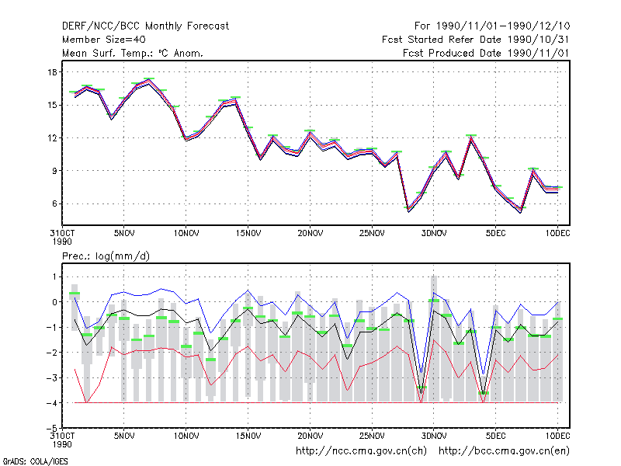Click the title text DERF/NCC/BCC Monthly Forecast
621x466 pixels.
coord(145,26)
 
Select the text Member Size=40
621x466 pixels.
coord(104,40)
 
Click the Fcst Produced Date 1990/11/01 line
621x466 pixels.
coord(486,53)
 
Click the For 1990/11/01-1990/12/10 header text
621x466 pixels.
coord(492,26)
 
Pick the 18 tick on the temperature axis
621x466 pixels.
coord(52,72)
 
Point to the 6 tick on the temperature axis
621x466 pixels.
coord(54,203)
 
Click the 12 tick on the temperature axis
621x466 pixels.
coord(52,138)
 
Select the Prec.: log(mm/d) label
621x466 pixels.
coord(106,256)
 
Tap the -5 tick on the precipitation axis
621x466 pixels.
coord(52,429)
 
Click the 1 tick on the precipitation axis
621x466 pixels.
coord(54,276)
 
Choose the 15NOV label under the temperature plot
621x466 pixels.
coord(248,234)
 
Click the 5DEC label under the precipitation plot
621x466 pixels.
coord(496,436)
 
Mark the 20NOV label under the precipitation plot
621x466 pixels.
coord(310,436)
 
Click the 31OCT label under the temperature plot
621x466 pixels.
coord(62,237)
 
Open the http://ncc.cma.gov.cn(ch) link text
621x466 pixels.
coord(361,451)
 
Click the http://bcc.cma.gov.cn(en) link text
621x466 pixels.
coord(504,451)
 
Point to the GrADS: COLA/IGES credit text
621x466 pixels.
coord(36,461)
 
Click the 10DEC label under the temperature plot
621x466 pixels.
coord(557,234)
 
